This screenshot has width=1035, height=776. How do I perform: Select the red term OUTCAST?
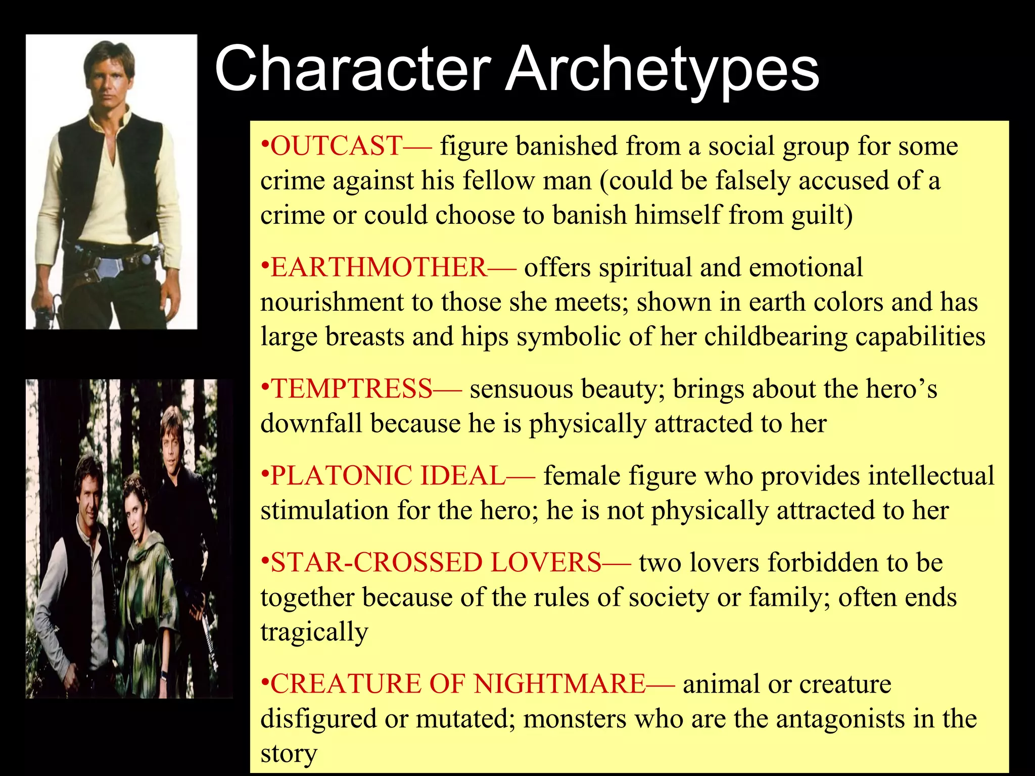coord(337,146)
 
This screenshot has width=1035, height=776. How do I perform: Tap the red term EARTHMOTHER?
coord(378,267)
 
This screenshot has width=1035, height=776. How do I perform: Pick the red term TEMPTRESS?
coord(352,389)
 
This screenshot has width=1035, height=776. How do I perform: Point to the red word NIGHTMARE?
coord(559,684)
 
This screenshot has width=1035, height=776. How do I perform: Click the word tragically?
coord(314,632)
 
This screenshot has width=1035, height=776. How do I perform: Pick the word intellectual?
coord(932,476)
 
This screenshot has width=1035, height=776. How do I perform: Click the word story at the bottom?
coord(289,754)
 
